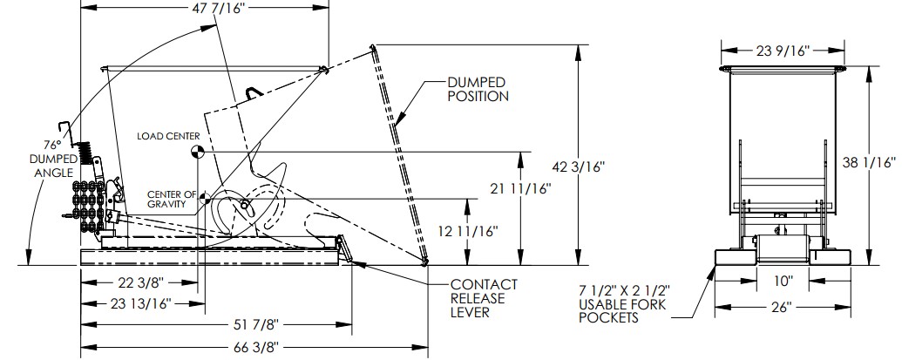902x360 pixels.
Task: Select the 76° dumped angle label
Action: coord(53,158)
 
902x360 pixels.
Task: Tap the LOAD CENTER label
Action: coord(168,136)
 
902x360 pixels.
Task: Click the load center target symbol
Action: coord(197,152)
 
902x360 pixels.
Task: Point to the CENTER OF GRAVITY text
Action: coord(172,199)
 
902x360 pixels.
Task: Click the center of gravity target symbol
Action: coord(205,199)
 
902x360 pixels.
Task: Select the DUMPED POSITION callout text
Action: coord(478,90)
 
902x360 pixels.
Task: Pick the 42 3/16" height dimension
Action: coord(579,166)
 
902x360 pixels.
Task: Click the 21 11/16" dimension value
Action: coord(520,188)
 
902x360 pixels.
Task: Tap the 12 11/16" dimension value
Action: coord(468,231)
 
